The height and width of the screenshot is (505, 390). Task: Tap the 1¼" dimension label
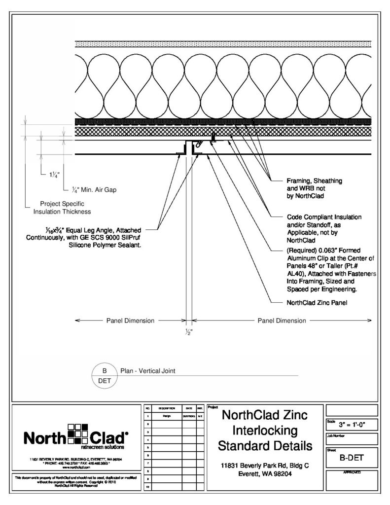pyautogui.click(x=54, y=175)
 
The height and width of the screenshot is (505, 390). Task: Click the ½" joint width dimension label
pyautogui.click(x=188, y=331)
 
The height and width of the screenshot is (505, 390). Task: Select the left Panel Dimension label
pyautogui.click(x=130, y=321)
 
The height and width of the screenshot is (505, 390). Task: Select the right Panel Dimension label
pyautogui.click(x=282, y=321)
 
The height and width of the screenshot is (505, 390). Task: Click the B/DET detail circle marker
pyautogui.click(x=104, y=375)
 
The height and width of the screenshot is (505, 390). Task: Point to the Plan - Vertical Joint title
pyautogui.click(x=147, y=370)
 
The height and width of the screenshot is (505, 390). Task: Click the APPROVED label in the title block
pyautogui.click(x=352, y=472)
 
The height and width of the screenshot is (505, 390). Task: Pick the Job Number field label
pyautogui.click(x=338, y=435)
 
